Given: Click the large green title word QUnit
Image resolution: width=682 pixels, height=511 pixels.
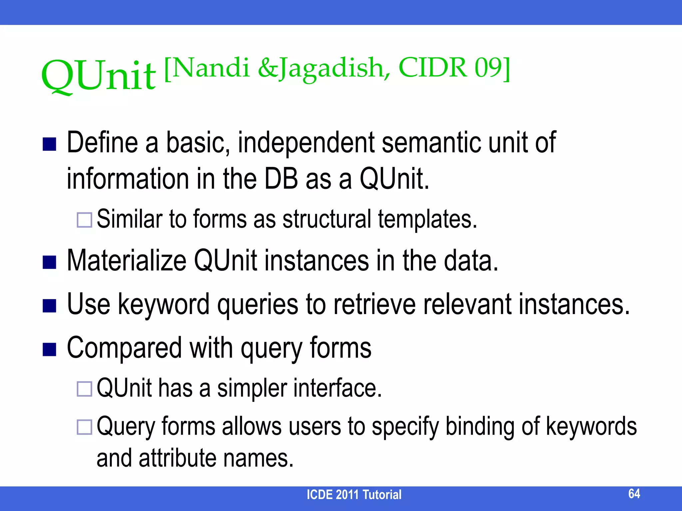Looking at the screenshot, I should click(99, 76).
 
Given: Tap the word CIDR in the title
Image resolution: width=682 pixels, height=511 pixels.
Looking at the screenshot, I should click(433, 68).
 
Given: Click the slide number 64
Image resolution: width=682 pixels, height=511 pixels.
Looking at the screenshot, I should click(634, 493).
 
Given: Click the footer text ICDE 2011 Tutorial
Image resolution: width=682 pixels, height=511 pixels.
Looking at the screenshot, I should click(354, 495).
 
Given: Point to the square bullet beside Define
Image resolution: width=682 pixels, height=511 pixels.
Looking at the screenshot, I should click(49, 144).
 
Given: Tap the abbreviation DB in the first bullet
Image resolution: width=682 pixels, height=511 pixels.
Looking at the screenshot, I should click(281, 179).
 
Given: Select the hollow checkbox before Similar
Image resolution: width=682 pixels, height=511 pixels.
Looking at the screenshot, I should click(84, 220).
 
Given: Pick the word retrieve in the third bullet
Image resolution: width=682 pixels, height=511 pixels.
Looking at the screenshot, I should click(375, 304).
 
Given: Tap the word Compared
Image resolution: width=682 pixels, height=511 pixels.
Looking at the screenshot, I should click(124, 348).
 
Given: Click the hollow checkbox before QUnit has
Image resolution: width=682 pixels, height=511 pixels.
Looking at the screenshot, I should click(84, 389).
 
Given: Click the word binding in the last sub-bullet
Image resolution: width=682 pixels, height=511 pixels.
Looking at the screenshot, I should click(480, 426).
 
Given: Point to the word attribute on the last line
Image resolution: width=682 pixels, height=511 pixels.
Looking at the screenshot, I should click(177, 458).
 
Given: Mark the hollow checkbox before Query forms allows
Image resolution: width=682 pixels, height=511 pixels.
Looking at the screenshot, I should click(84, 427).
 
